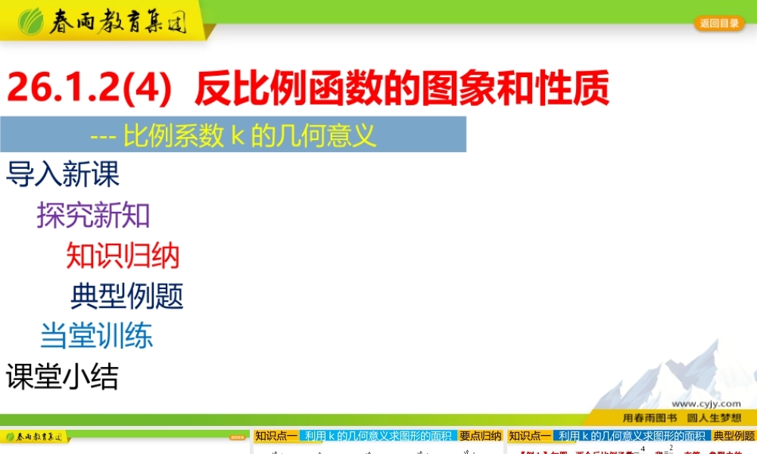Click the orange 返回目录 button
[719, 23]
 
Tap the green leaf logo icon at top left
[31, 22]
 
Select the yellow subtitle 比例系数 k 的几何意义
[250, 135]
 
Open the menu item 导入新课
[63, 175]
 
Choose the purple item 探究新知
[94, 216]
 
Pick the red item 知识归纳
[123, 256]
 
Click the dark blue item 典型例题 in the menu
[127, 296]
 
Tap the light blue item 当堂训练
[96, 336]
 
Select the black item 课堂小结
[62, 376]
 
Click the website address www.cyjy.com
[706, 404]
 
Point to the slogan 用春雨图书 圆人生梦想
[681, 417]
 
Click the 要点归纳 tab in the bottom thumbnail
[480, 436]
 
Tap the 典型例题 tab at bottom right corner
[734, 436]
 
